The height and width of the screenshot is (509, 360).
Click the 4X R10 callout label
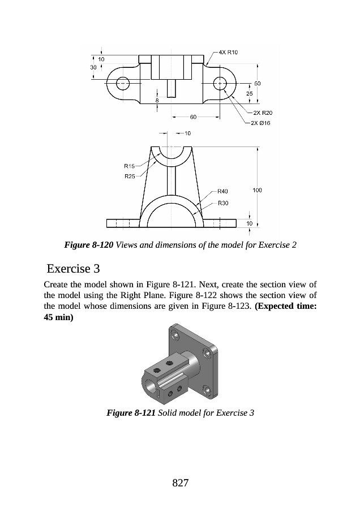(228, 53)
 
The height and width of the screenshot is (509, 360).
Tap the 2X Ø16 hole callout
(261, 123)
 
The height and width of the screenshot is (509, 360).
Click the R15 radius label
(129, 166)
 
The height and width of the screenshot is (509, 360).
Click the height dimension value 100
(257, 191)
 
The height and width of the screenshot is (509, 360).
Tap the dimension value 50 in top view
(257, 83)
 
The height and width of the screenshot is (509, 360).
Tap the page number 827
(180, 482)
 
